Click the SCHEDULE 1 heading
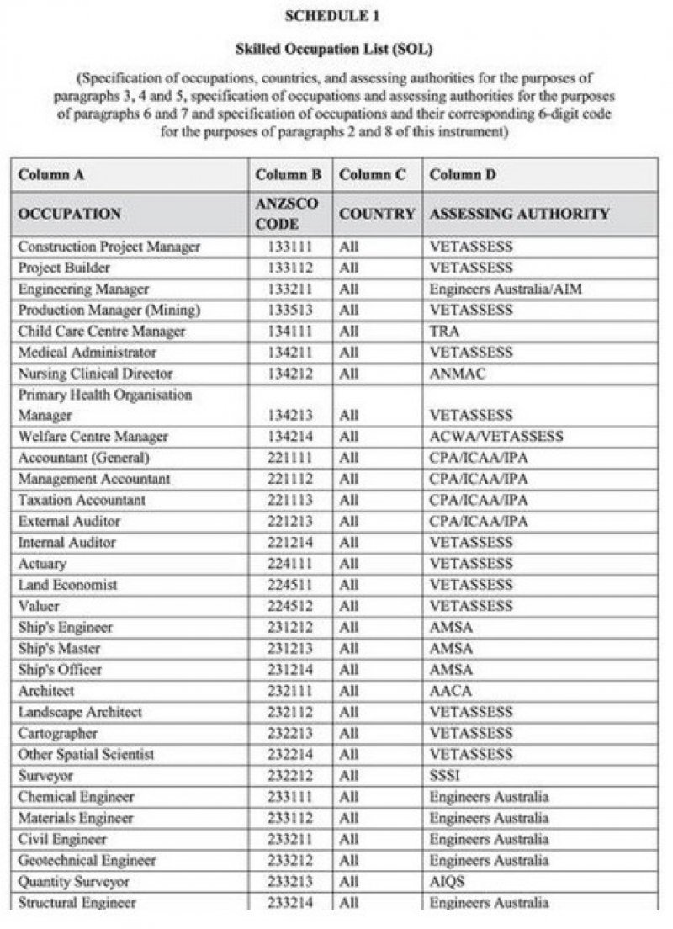tap(336, 16)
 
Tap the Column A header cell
tap(51, 175)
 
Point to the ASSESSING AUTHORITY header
tap(519, 214)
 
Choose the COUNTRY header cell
tap(377, 214)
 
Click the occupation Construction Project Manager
tap(109, 247)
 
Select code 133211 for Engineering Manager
tap(289, 289)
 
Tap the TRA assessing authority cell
tap(443, 332)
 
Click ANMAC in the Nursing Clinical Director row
tap(452, 374)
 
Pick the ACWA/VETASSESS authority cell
tap(496, 437)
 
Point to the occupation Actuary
tap(42, 564)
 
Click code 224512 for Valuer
tap(289, 606)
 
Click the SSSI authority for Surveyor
tap(445, 775)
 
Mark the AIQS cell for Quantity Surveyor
tap(447, 882)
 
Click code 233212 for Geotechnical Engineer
tap(289, 861)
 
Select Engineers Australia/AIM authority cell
tap(505, 289)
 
